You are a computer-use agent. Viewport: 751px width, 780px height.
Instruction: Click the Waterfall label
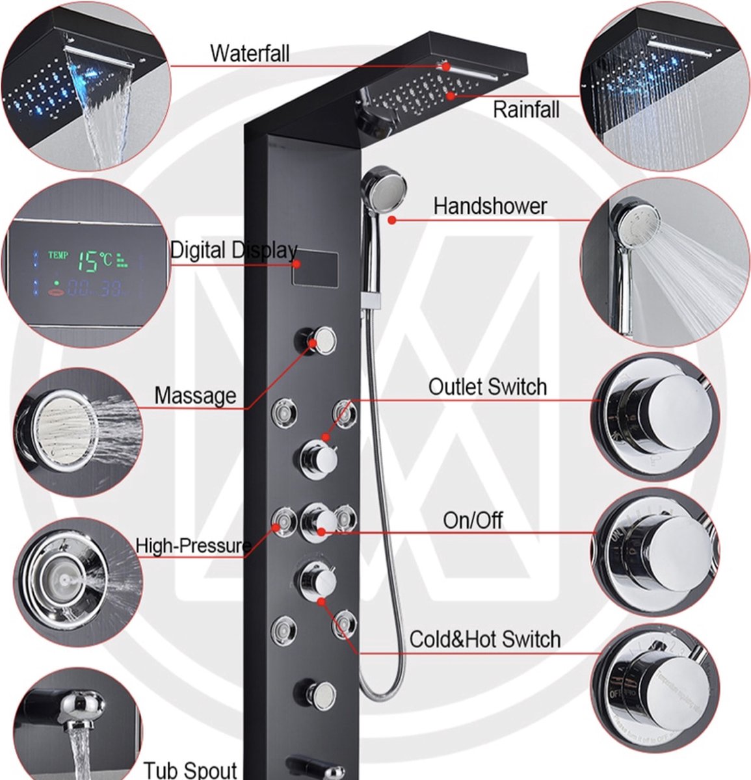pos(250,53)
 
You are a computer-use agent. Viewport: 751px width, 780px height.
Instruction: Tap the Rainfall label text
pos(525,109)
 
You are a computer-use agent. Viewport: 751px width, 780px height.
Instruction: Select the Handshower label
pos(490,207)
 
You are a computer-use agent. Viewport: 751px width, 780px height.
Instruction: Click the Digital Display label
pos(234,250)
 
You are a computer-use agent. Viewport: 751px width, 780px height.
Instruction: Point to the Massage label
pos(195,395)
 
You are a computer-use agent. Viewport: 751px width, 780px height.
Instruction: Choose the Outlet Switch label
pos(487,387)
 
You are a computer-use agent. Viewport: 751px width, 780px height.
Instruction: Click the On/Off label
pos(473,520)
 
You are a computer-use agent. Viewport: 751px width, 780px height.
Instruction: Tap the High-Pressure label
pos(193,546)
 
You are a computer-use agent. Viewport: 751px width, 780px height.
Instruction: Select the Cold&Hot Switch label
pos(484,639)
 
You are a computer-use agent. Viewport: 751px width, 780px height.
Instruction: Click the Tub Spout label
pos(190,770)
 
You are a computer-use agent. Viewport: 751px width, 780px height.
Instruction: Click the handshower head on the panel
pos(384,185)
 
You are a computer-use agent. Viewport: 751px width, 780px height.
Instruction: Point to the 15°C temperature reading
pos(95,261)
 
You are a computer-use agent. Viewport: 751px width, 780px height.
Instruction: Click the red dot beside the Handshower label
pos(392,220)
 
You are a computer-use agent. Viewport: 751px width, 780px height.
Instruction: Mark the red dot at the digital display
pos(296,264)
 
